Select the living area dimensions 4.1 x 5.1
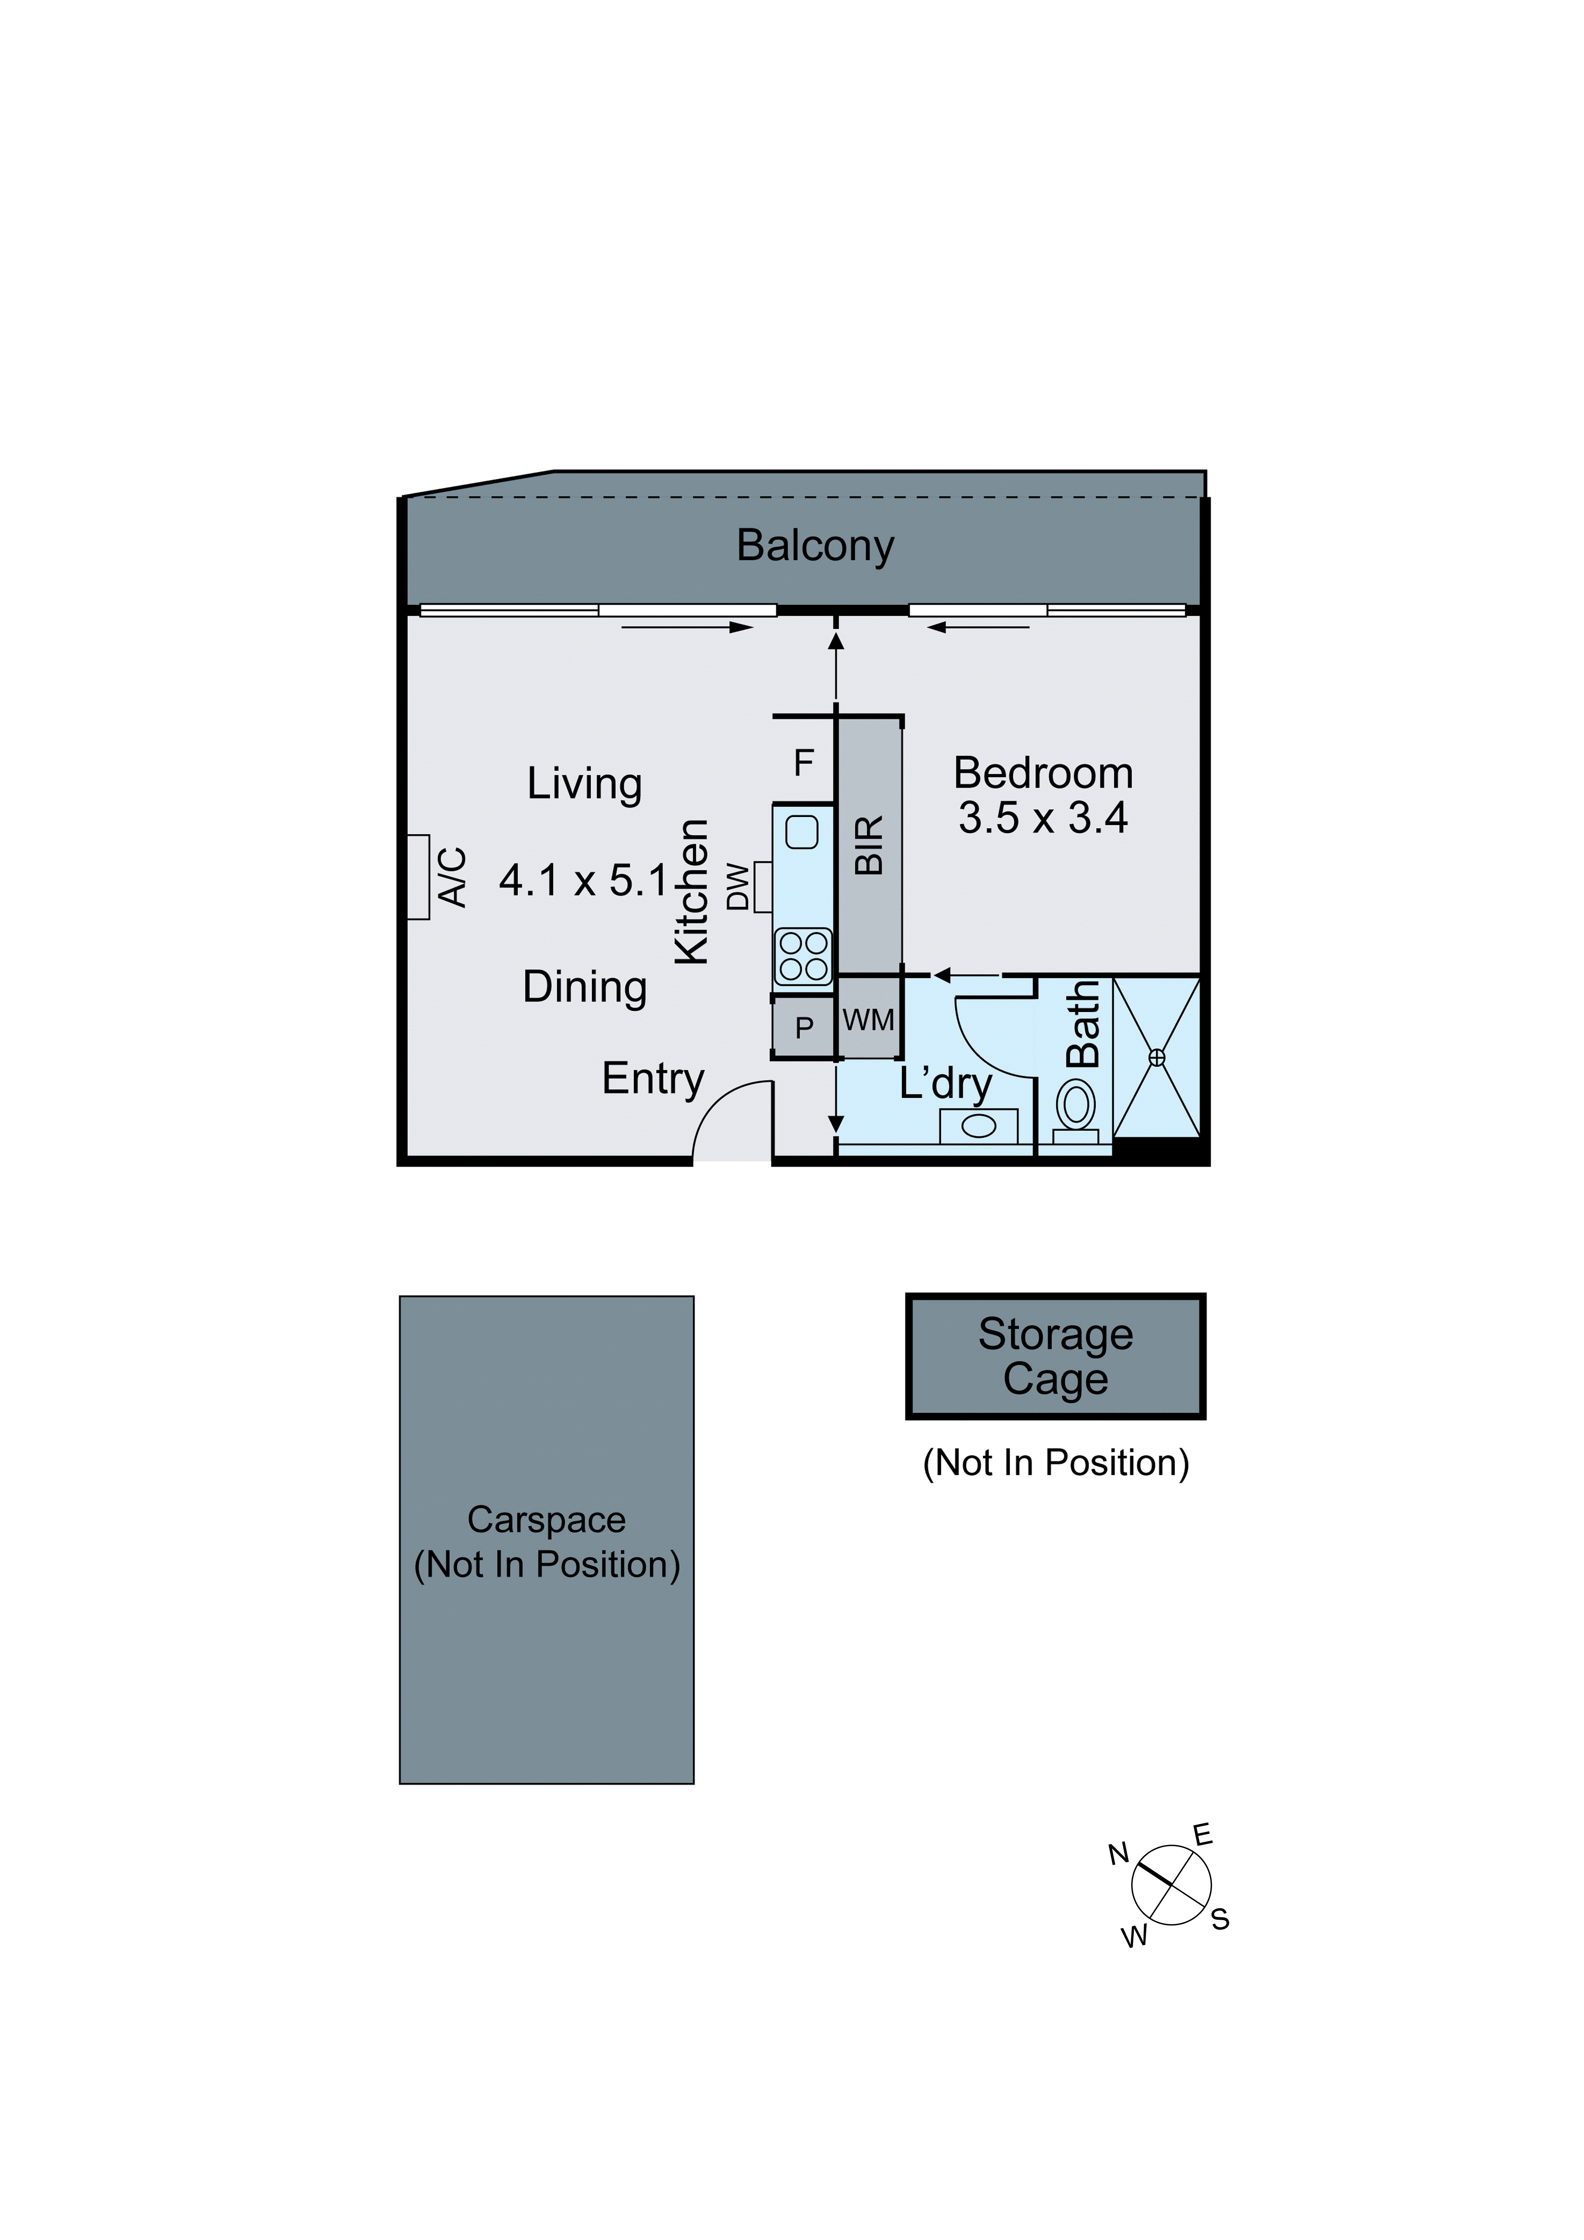tap(583, 881)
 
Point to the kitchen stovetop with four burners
tap(803, 956)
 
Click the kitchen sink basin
tap(802, 832)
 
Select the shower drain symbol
tap(1157, 1058)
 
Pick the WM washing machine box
tap(868, 1020)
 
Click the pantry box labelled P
tap(804, 1027)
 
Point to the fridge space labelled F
tap(804, 762)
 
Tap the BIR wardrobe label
tap(868, 845)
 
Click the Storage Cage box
tap(1055, 1356)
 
